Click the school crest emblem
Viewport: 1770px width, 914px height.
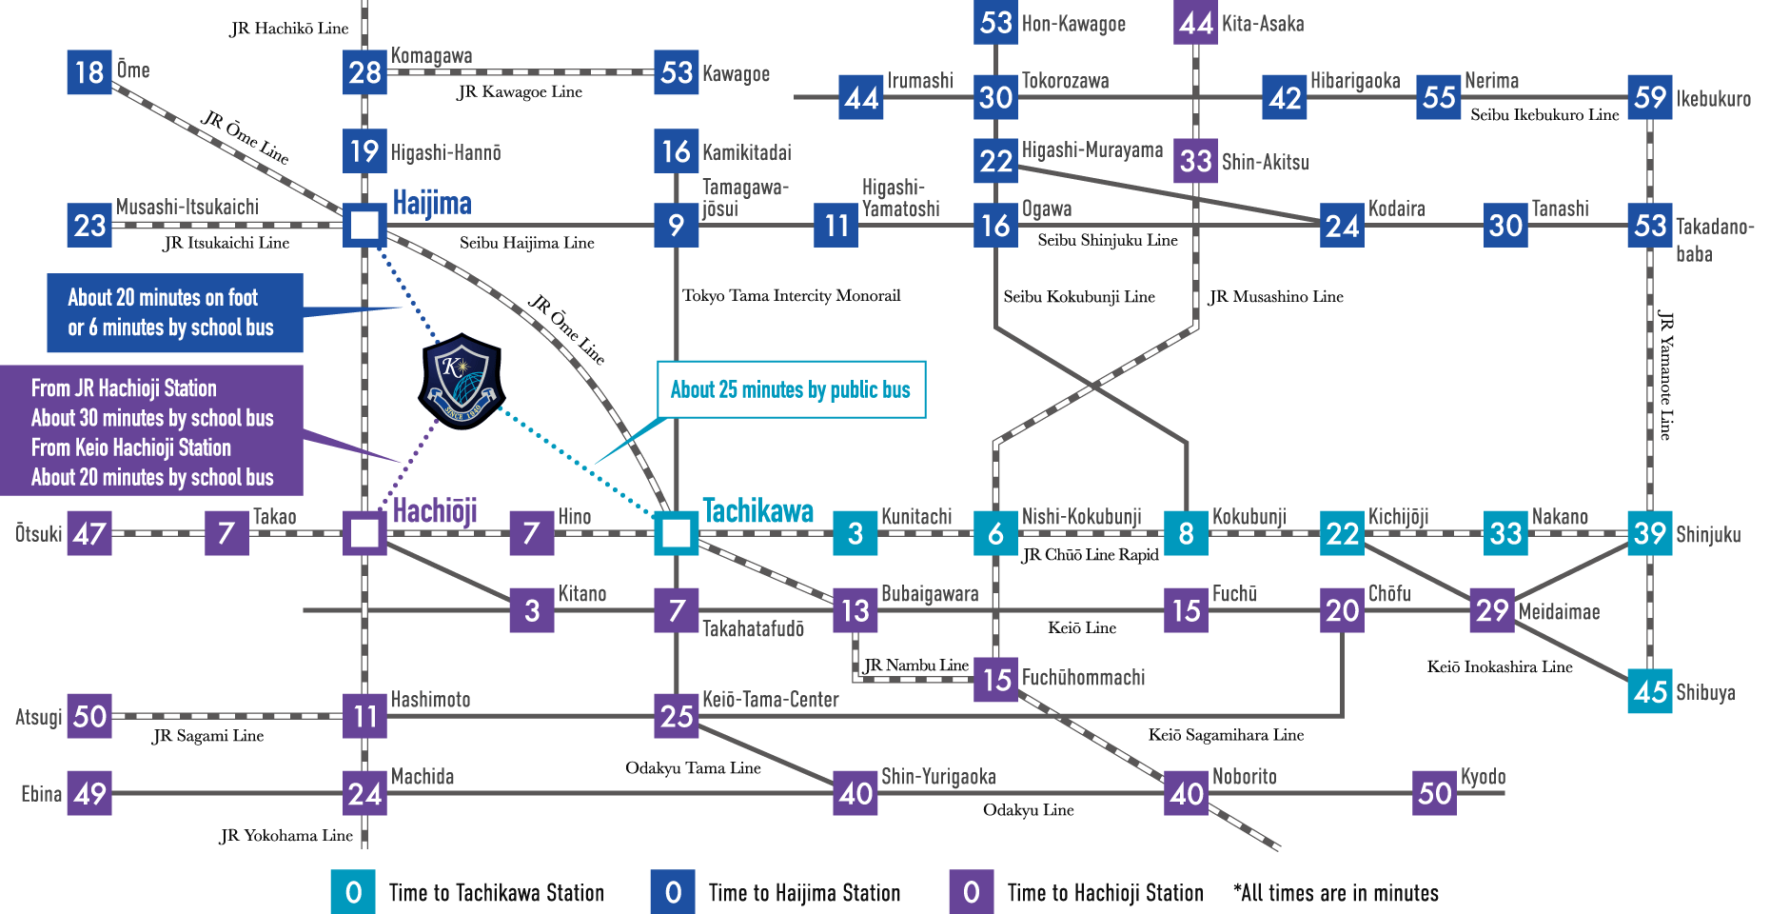[x=462, y=381]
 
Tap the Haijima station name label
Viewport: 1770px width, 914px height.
[x=432, y=204]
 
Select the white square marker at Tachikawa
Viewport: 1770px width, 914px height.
[x=677, y=533]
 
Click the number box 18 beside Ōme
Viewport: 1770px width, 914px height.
[x=89, y=72]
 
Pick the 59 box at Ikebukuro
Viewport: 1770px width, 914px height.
[x=1650, y=97]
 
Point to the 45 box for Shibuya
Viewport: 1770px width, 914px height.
[x=1650, y=691]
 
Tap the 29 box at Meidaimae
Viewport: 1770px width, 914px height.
[x=1493, y=610]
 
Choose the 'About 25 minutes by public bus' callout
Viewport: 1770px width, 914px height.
[x=791, y=389]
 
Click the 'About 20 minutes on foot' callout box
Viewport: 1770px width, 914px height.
[x=175, y=312]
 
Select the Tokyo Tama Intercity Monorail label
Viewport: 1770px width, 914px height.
[x=791, y=296]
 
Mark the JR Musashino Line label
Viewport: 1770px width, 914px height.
[x=1275, y=297]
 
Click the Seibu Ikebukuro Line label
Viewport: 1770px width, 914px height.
[x=1544, y=115]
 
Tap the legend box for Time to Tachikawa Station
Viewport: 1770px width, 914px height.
[x=353, y=892]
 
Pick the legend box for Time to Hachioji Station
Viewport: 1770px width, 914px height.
[x=971, y=892]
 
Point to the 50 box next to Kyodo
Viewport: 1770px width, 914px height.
[x=1434, y=793]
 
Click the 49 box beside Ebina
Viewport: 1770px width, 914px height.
[x=89, y=793]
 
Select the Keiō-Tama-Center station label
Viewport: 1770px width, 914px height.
[x=770, y=700]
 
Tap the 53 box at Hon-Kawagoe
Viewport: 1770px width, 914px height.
[x=995, y=22]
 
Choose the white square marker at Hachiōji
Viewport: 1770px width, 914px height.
[x=364, y=533]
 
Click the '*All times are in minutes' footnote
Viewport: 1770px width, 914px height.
[x=1335, y=893]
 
